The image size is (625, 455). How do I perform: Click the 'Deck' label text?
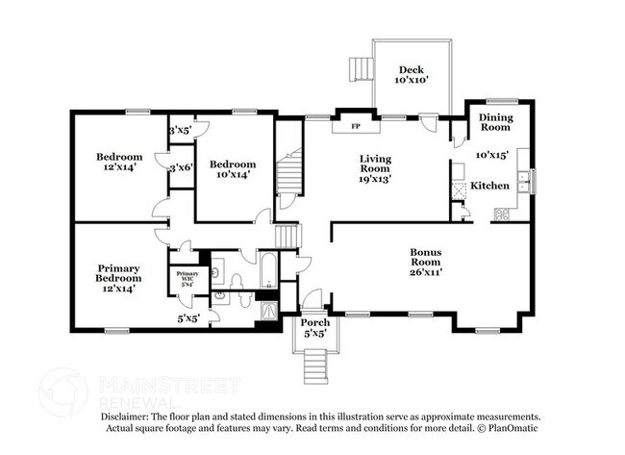411,69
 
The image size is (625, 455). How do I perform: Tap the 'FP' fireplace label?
354,126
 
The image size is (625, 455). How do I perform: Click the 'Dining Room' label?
496,121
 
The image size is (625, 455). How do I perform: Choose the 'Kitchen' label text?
488,185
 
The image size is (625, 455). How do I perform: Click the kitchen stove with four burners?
501,215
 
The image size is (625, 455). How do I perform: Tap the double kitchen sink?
523,176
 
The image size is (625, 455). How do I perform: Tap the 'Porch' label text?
314,322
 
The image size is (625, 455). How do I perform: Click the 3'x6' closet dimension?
180,167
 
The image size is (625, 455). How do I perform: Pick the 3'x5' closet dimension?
180,130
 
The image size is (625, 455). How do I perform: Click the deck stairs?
361,68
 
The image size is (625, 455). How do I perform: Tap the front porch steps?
314,364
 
